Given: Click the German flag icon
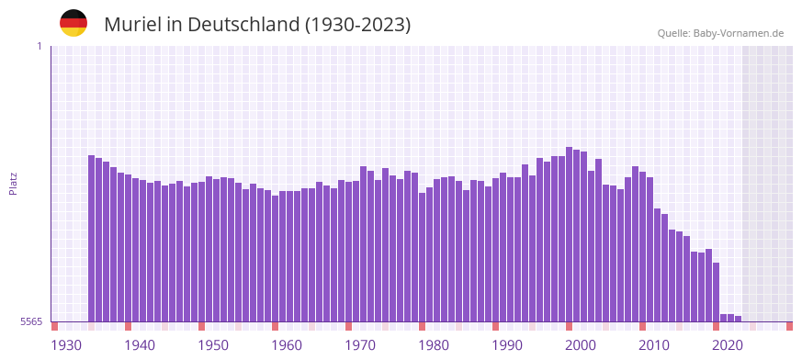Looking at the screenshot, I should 73,23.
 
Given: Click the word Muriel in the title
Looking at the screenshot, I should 131,25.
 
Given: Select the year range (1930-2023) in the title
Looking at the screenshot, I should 358,25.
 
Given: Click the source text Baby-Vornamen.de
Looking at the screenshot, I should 739,34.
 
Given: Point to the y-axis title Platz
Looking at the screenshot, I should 13,183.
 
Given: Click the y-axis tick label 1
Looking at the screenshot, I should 39,46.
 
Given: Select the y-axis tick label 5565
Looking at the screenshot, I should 30,321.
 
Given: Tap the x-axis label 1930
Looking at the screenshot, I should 66,345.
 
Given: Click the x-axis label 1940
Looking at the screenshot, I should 140,345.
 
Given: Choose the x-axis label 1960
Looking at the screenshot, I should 287,345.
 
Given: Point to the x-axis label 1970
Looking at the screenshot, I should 360,345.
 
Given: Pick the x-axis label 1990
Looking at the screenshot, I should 507,345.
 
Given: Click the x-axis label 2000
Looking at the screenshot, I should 581,345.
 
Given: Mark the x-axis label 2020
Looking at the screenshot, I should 728,345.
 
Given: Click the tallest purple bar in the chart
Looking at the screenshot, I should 570,234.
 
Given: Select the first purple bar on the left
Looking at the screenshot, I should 92,239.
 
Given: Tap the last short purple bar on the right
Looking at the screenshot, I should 738,319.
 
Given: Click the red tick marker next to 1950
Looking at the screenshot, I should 202,326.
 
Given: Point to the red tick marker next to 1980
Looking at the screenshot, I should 423,326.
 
